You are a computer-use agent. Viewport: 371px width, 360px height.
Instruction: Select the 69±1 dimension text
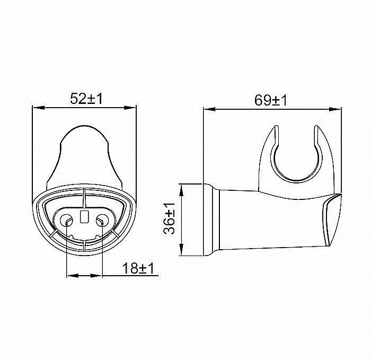(x=270, y=100)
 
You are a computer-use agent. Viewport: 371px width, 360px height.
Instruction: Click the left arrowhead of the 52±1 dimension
(x=36, y=108)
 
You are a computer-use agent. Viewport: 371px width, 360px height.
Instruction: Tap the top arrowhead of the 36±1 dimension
(x=181, y=188)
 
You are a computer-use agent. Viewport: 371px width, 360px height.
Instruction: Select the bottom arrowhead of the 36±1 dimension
(x=181, y=254)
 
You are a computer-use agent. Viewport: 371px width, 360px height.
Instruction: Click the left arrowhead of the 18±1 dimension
(x=69, y=276)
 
